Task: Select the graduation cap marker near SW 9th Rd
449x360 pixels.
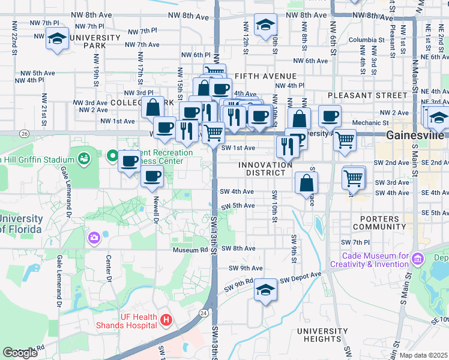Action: [x=265, y=290]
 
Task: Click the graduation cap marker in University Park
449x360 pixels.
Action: [x=57, y=38]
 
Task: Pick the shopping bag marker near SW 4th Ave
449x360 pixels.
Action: [x=306, y=182]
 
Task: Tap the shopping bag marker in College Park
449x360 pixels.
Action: [x=153, y=107]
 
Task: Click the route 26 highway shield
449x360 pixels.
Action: [x=24, y=133]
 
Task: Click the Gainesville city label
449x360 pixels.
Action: [x=415, y=135]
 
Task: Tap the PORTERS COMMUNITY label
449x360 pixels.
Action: [x=380, y=222]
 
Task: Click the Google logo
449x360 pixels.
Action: [x=20, y=353]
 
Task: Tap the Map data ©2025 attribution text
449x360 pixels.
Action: [x=423, y=355]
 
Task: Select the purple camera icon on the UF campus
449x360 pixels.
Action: [x=94, y=238]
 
